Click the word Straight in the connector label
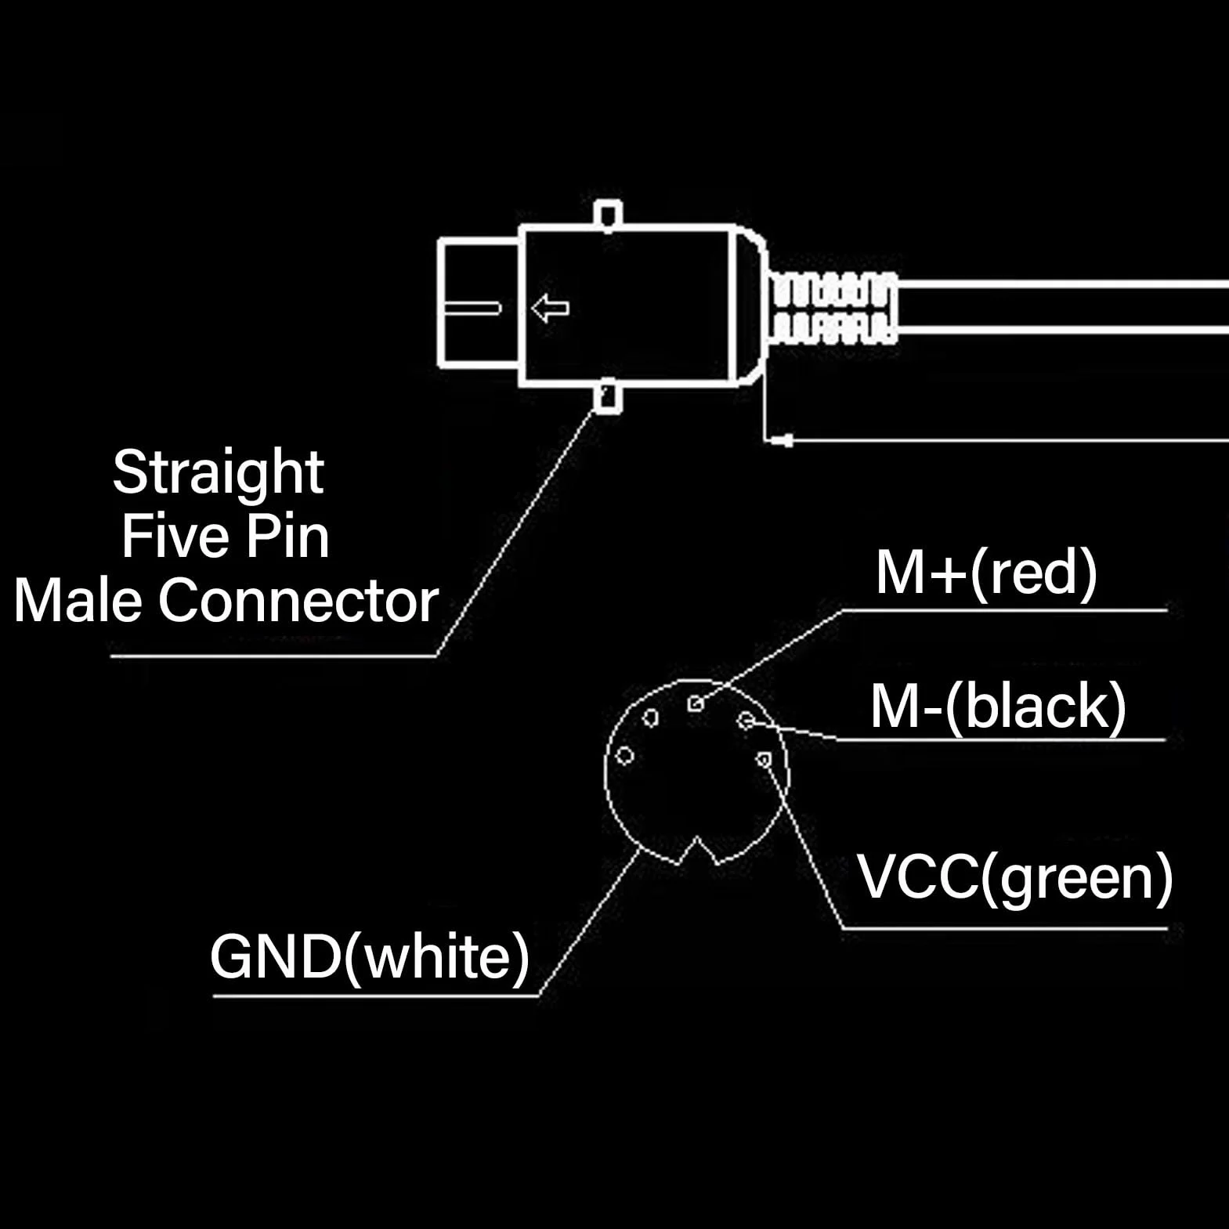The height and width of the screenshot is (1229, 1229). click(218, 473)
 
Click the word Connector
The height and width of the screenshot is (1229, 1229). click(298, 601)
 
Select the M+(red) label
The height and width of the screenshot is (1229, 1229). click(986, 573)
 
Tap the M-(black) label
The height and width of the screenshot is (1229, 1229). click(998, 707)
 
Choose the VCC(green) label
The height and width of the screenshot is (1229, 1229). click(1016, 877)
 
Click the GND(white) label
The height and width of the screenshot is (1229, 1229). click(370, 957)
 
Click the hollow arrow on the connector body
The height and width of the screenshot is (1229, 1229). click(550, 308)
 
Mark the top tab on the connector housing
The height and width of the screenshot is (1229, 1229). click(608, 215)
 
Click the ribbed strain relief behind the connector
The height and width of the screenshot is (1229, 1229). click(833, 307)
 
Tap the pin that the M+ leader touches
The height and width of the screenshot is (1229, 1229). click(696, 703)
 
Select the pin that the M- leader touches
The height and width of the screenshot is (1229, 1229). click(746, 720)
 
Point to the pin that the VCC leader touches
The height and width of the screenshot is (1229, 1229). click(765, 759)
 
